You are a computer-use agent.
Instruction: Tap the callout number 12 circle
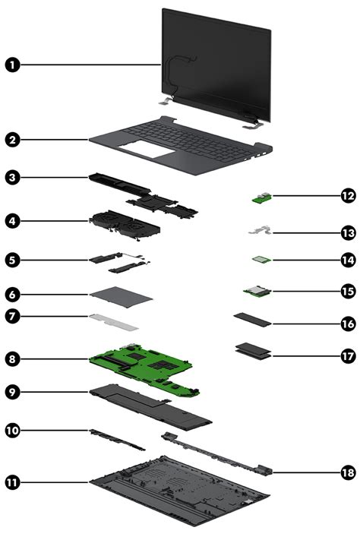point(348,196)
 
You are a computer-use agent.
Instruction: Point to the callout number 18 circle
point(348,472)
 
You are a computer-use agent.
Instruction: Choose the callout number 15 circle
point(348,291)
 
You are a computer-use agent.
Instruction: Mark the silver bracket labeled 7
point(115,323)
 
